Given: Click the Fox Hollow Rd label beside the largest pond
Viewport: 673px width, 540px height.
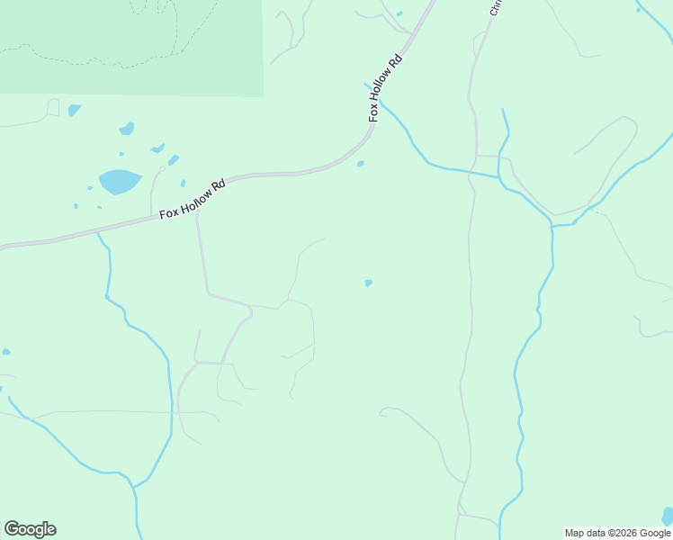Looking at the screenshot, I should coord(192,200).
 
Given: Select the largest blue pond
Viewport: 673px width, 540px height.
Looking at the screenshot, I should coord(120,182).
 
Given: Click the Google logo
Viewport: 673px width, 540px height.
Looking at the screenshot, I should coord(30,529).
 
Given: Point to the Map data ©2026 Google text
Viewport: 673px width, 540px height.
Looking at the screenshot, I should coord(617,533).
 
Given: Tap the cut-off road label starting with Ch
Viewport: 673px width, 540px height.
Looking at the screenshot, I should coord(494,8).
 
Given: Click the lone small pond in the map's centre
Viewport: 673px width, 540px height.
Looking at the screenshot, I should coord(368,283).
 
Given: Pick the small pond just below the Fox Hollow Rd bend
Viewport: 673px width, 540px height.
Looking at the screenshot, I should coord(360,164).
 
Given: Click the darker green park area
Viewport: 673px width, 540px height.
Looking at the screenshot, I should coord(130,45).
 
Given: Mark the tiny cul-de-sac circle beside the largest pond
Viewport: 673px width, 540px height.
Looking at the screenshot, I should coord(162,168).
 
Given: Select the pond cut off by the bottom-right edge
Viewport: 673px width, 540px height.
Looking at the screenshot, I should coord(667,517).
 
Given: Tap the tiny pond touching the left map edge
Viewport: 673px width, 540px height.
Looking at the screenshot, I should coord(5,352).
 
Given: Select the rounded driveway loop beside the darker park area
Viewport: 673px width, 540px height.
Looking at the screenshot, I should coord(53,107).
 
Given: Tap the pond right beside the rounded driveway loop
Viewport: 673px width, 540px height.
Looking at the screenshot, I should coord(74,110).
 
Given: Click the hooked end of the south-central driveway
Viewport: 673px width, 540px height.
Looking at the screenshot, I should coord(383,412).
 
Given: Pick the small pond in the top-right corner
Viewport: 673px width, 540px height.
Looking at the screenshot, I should coord(638,10).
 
